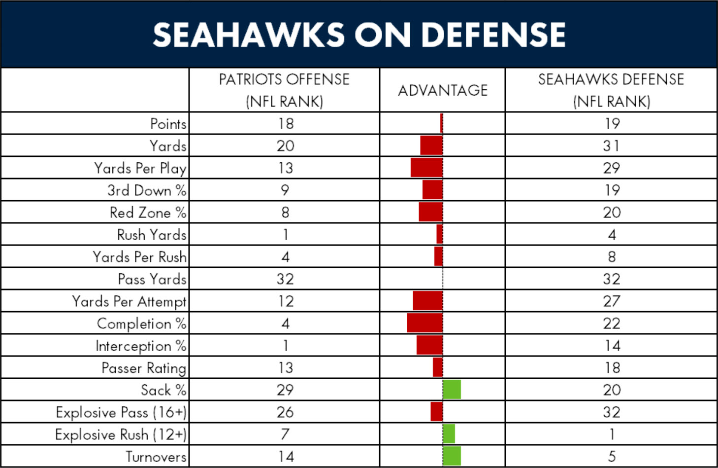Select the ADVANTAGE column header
click(x=443, y=91)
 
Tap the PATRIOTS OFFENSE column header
click(x=284, y=90)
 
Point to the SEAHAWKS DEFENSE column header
click(x=611, y=90)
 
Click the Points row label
click(x=168, y=124)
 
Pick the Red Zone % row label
click(x=148, y=213)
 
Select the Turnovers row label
click(x=156, y=457)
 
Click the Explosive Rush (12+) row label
click(x=121, y=434)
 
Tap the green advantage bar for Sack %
click(x=452, y=390)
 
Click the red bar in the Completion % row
click(x=425, y=323)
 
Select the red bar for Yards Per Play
click(x=427, y=168)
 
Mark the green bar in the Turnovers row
click(x=452, y=456)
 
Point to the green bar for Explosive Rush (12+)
click(x=449, y=433)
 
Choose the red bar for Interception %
click(x=430, y=345)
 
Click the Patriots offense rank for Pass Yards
click(x=285, y=279)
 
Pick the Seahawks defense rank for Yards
click(x=611, y=146)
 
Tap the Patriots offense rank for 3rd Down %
click(x=285, y=190)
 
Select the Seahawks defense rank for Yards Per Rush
click(x=612, y=257)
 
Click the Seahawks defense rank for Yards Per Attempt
click(x=611, y=301)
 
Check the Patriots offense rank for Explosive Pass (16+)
click(x=285, y=412)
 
